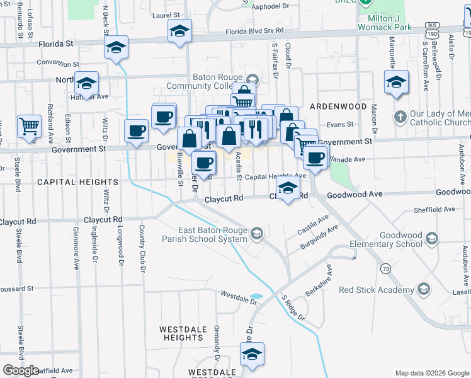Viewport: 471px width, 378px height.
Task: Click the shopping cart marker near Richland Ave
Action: [x=29, y=127]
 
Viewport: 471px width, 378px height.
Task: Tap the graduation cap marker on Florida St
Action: [x=116, y=48]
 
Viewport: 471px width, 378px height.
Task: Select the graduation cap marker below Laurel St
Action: [x=180, y=32]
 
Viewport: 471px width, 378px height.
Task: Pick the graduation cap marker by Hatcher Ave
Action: [x=86, y=83]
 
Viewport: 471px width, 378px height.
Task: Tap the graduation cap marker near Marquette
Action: [x=396, y=83]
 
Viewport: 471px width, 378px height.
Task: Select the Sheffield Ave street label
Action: [x=435, y=209]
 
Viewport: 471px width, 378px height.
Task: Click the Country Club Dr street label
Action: [x=143, y=248]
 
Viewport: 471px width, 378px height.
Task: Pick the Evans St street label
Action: [x=340, y=125]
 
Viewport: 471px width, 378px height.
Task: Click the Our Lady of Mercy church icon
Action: [x=400, y=117]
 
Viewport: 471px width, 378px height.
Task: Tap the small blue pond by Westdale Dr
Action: [x=256, y=296]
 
